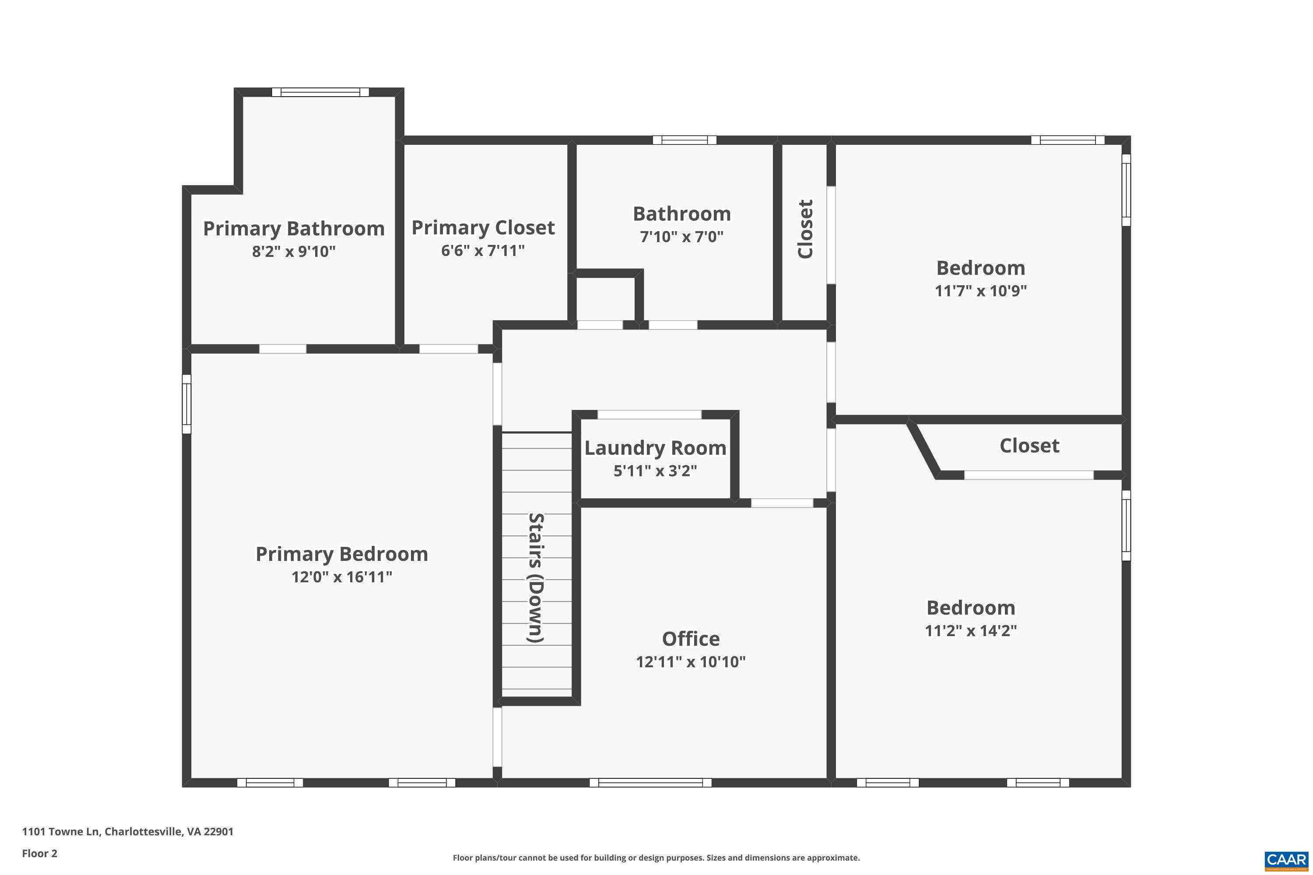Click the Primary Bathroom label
294,229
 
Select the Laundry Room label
655,448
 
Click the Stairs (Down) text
536,577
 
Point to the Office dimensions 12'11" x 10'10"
691,662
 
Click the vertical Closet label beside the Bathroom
805,229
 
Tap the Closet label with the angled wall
1029,446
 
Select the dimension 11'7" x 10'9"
981,291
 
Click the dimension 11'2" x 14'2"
971,630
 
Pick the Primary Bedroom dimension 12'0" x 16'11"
342,577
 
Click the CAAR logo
1287,860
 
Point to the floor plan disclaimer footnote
656,857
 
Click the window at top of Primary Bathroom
320,92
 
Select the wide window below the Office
650,783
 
